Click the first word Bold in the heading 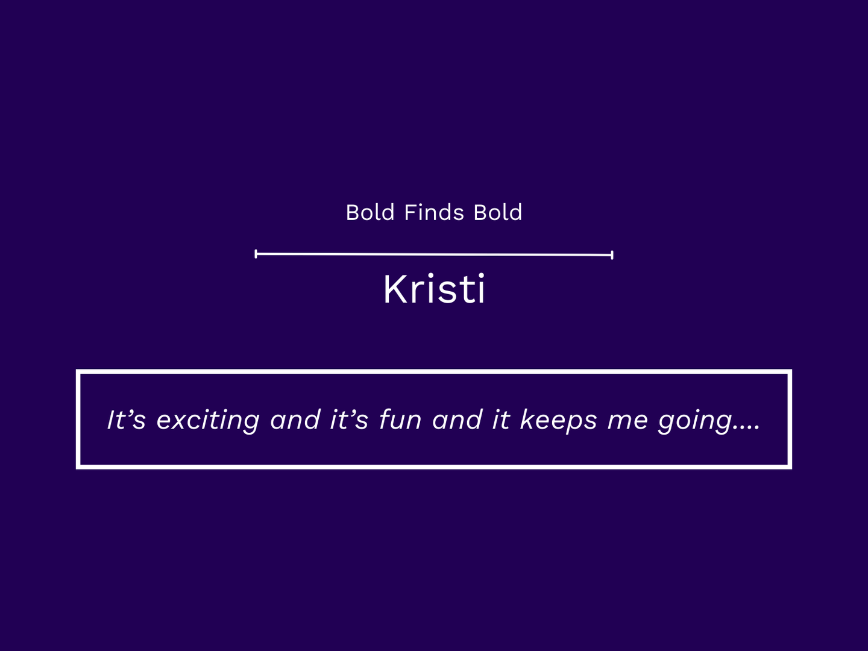[x=370, y=212]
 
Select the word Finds [x=434, y=212]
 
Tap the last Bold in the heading [x=498, y=212]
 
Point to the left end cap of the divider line [x=256, y=254]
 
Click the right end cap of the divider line [x=612, y=255]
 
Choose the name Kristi [x=434, y=289]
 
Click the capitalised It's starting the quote [x=127, y=420]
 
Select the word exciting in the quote [x=208, y=421]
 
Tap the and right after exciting [x=295, y=420]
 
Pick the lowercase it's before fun [x=349, y=420]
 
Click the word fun [x=400, y=420]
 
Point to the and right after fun [x=457, y=420]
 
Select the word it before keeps [x=501, y=420]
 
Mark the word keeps [x=558, y=421]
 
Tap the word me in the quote [x=627, y=421]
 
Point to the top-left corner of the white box [x=78, y=371]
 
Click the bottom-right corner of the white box [x=790, y=467]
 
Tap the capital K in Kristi [x=396, y=289]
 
